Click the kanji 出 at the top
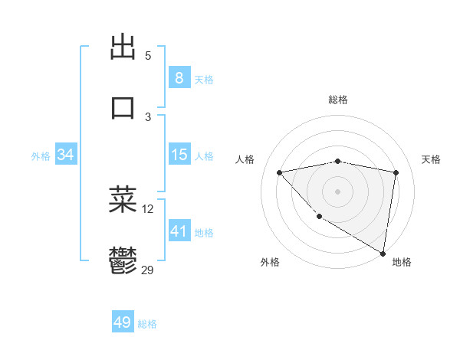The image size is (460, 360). tap(123, 47)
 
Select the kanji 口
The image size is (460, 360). tap(123, 107)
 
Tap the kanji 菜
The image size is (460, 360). tap(123, 199)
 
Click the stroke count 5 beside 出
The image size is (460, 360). tap(148, 56)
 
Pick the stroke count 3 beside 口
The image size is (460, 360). tap(148, 116)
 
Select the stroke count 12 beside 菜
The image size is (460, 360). tap(148, 208)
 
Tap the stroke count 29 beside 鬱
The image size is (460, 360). tap(148, 270)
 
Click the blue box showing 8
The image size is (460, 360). tap(179, 77)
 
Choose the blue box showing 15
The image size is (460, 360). tap(179, 155)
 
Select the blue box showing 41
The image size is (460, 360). tap(179, 231)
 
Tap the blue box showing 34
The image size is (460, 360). tap(65, 155)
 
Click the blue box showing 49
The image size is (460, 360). tap(123, 322)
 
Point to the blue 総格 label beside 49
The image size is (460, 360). tap(147, 324)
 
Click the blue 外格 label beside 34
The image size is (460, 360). tap(41, 156)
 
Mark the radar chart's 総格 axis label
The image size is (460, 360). tap(338, 100)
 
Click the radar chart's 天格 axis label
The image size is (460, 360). tap(431, 159)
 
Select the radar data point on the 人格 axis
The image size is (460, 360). tap(280, 172)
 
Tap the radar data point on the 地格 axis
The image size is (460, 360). tap(383, 253)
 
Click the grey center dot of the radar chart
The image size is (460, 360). tap(337, 191)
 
